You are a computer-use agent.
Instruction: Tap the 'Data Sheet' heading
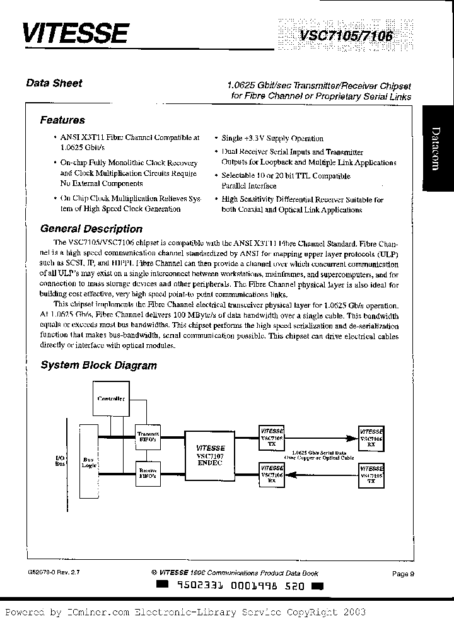(x=54, y=83)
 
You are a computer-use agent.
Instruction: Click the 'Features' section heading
(x=62, y=120)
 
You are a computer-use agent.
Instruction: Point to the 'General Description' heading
(x=91, y=229)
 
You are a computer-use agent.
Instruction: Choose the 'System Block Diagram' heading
(x=98, y=365)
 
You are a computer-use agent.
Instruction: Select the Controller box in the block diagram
(x=111, y=398)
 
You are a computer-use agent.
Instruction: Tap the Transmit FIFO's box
(x=149, y=438)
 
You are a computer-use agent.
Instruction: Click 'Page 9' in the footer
(x=403, y=574)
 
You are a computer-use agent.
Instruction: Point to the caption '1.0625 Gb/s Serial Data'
(x=319, y=453)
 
